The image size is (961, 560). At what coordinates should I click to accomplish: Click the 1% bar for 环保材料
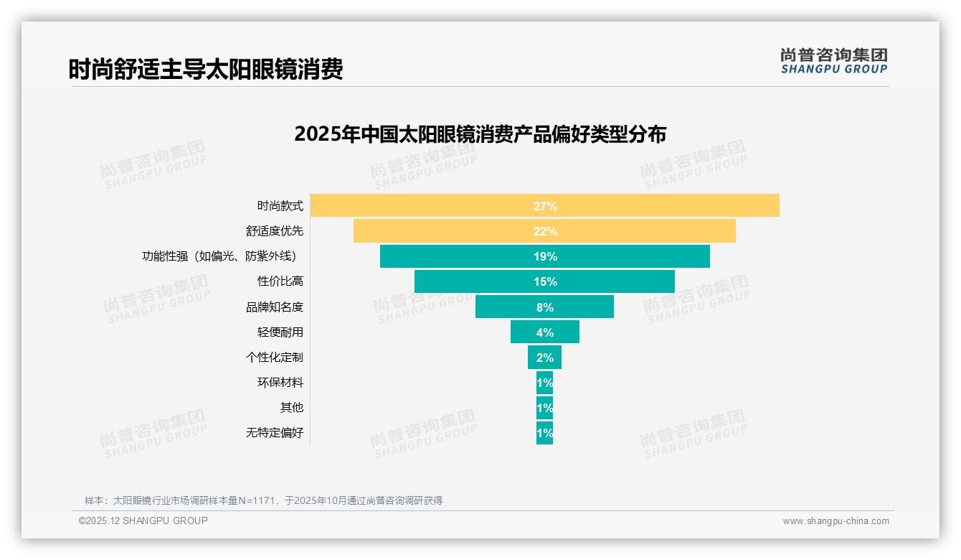click(x=544, y=382)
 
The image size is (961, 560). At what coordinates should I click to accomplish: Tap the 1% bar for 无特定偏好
click(x=544, y=433)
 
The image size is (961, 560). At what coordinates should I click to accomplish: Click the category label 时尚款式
click(x=280, y=206)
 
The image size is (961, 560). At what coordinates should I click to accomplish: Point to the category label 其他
click(x=291, y=407)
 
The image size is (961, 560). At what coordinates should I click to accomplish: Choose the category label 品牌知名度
click(x=275, y=307)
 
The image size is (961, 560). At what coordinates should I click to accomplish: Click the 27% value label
click(x=545, y=206)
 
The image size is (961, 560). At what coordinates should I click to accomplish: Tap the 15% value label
click(x=545, y=281)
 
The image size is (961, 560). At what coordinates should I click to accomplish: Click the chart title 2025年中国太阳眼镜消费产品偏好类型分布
click(x=480, y=134)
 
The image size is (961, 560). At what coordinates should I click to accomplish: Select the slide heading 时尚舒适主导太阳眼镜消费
click(x=206, y=69)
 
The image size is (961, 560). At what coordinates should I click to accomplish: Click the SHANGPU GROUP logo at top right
click(x=833, y=61)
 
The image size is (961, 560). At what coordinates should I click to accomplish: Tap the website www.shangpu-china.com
click(x=835, y=521)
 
